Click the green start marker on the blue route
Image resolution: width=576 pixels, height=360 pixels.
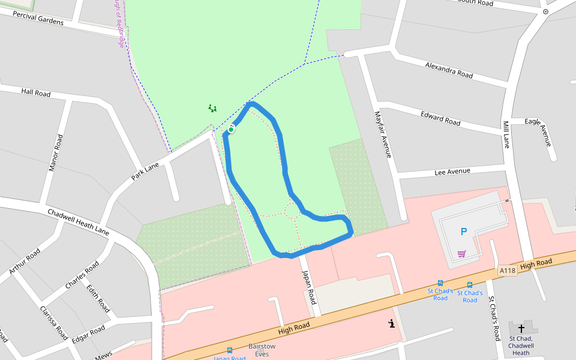pyautogui.click(x=231, y=129)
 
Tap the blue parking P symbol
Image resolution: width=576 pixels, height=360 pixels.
pyautogui.click(x=463, y=232)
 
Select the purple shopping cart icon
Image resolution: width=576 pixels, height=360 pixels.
pyautogui.click(x=461, y=254)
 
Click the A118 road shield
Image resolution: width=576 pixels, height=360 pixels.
pyautogui.click(x=507, y=271)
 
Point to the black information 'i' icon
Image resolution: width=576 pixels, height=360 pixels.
pyautogui.click(x=391, y=323)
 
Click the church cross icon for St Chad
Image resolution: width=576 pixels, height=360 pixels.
pyautogui.click(x=521, y=328)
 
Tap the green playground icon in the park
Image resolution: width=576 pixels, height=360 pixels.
pyautogui.click(x=212, y=109)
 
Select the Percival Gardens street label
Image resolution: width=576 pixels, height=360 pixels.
pyautogui.click(x=37, y=18)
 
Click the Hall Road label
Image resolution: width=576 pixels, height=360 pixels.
pyautogui.click(x=36, y=92)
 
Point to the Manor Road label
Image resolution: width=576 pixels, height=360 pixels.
pyautogui.click(x=55, y=152)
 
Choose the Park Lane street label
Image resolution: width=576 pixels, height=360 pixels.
pyautogui.click(x=145, y=172)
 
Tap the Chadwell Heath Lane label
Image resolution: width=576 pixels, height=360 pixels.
pyautogui.click(x=78, y=222)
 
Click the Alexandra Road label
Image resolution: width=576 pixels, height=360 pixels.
pyautogui.click(x=449, y=70)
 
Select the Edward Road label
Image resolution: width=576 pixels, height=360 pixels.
pyautogui.click(x=440, y=118)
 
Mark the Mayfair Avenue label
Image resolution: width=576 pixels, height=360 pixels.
pyautogui.click(x=383, y=134)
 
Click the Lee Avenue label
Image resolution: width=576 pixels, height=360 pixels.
pyautogui.click(x=452, y=172)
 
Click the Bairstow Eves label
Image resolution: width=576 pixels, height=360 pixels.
pyautogui.click(x=262, y=350)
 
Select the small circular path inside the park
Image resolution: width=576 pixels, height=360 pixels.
pyautogui.click(x=293, y=211)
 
